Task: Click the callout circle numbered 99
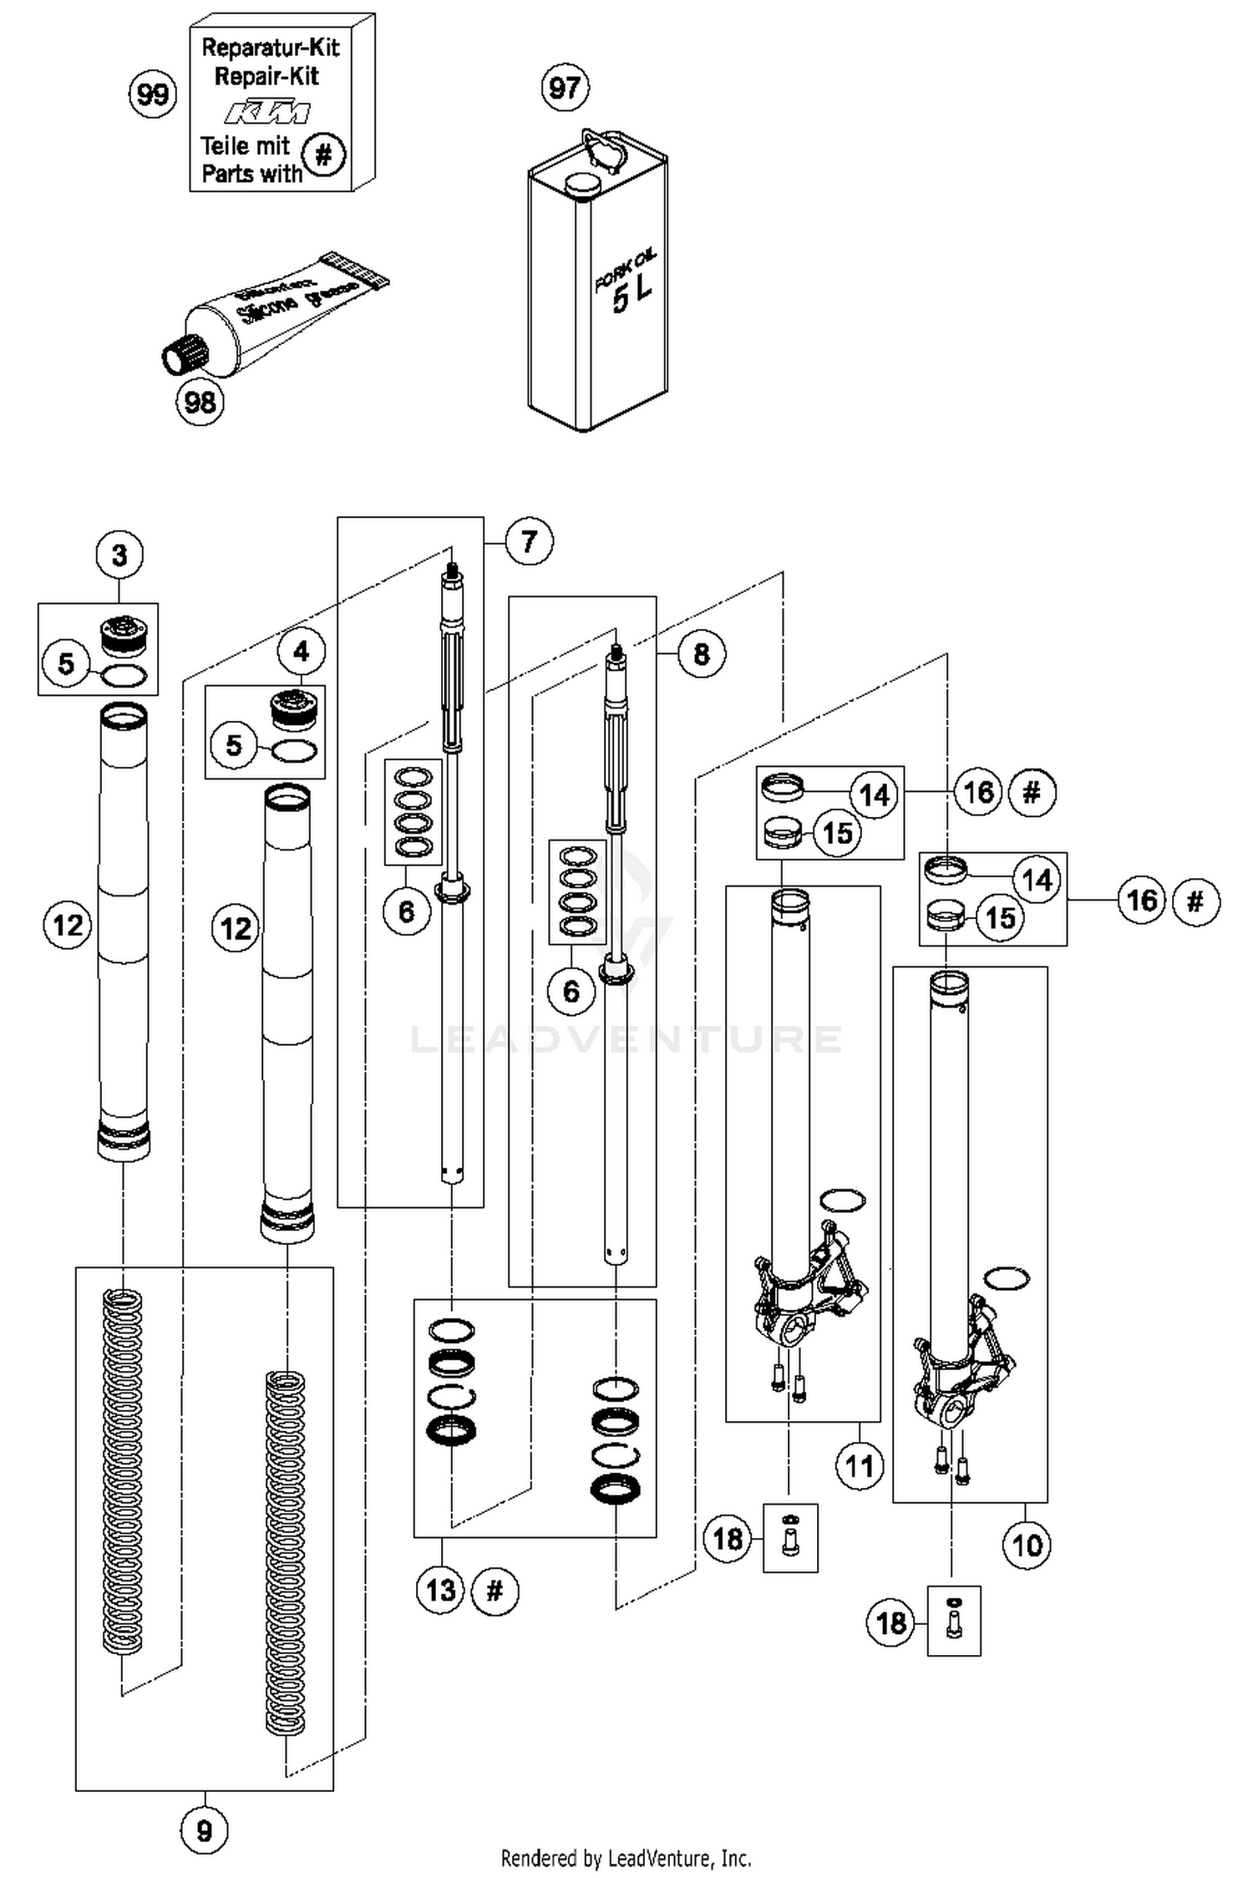click(152, 94)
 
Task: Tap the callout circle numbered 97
click(566, 88)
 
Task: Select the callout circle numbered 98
click(200, 403)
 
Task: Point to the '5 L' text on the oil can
click(632, 293)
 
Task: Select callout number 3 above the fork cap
click(119, 555)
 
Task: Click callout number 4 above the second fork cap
click(302, 652)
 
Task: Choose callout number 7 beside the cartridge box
click(528, 542)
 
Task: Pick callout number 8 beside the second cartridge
click(701, 653)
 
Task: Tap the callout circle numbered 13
click(440, 1590)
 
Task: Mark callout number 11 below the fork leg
click(859, 1465)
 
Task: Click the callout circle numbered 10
click(1027, 1546)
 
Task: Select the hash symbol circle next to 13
click(495, 1590)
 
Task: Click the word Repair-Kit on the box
click(266, 77)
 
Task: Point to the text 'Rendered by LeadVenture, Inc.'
click(626, 1858)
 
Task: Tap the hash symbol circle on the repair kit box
click(323, 155)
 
